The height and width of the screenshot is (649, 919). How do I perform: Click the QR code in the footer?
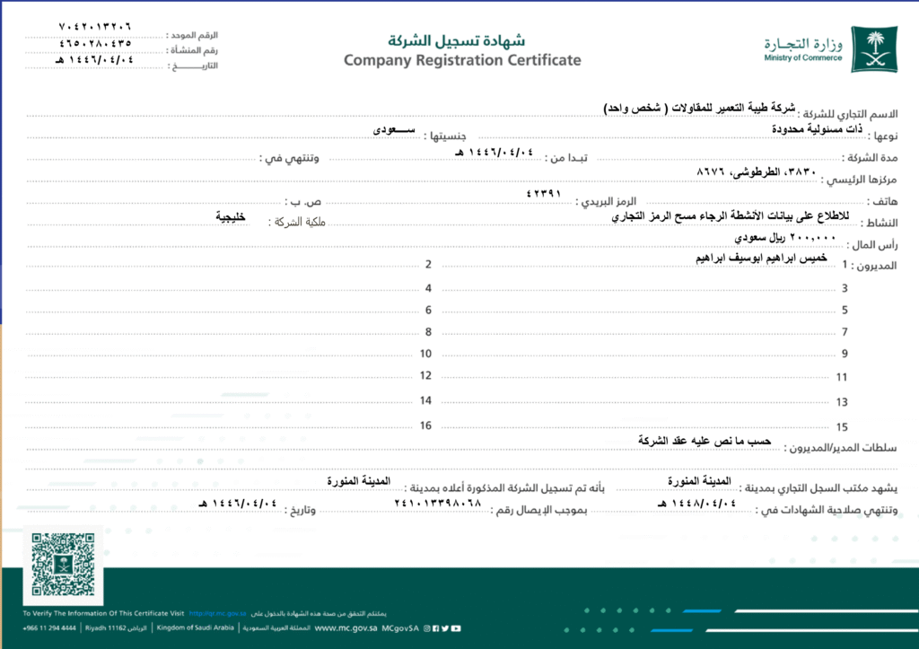tap(62, 564)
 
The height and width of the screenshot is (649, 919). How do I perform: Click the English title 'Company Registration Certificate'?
tap(462, 60)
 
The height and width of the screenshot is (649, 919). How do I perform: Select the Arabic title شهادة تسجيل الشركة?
tap(456, 40)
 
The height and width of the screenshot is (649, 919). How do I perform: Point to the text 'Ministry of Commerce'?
tap(803, 57)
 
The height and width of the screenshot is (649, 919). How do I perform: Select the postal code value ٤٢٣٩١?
tap(543, 192)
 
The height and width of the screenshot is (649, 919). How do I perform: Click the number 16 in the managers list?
tap(425, 425)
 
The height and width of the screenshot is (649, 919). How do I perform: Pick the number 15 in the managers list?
tap(842, 427)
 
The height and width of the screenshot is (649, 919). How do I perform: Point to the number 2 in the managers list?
tap(429, 265)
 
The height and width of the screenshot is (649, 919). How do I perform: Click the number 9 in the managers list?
tap(845, 354)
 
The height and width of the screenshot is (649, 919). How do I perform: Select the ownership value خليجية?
tap(231, 216)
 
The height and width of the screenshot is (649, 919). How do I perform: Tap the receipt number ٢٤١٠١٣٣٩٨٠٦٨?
tap(438, 503)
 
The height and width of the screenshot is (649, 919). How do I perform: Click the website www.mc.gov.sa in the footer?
tap(345, 628)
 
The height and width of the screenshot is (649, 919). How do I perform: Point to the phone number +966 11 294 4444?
tap(49, 628)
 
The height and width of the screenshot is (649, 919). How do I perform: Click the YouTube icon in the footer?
tap(457, 628)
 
